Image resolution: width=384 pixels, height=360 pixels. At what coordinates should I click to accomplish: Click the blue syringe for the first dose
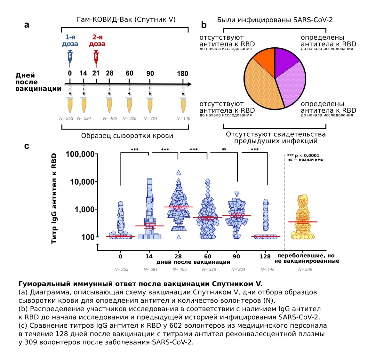click(70, 58)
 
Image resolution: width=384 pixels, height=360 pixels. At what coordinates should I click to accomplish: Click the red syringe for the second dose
click(96, 58)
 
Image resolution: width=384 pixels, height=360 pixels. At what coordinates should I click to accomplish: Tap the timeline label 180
click(182, 74)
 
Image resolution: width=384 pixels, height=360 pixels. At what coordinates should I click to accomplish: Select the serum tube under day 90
click(150, 105)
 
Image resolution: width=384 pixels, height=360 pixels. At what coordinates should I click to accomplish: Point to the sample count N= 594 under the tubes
click(84, 118)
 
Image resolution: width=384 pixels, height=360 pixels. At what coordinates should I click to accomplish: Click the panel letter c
click(27, 146)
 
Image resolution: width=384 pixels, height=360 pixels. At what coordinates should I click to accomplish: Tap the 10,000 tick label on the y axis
click(82, 182)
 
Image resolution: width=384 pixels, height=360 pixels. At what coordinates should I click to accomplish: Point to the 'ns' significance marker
click(224, 149)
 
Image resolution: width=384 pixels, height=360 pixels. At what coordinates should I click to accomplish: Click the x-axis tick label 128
click(265, 257)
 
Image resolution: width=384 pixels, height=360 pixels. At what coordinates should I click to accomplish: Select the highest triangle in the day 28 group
click(179, 172)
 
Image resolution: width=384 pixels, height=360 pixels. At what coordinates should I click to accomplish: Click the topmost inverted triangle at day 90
click(237, 194)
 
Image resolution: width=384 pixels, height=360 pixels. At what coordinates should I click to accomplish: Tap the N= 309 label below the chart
click(305, 269)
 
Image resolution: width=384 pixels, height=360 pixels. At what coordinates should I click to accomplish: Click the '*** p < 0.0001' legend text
click(303, 156)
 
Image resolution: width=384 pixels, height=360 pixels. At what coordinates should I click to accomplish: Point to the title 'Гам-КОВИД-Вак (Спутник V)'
click(126, 20)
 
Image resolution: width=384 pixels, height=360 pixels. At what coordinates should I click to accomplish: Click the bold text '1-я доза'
click(70, 40)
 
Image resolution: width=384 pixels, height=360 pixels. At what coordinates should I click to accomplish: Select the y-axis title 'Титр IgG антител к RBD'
click(54, 198)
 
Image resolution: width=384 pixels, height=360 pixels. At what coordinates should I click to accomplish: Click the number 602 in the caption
click(176, 325)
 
